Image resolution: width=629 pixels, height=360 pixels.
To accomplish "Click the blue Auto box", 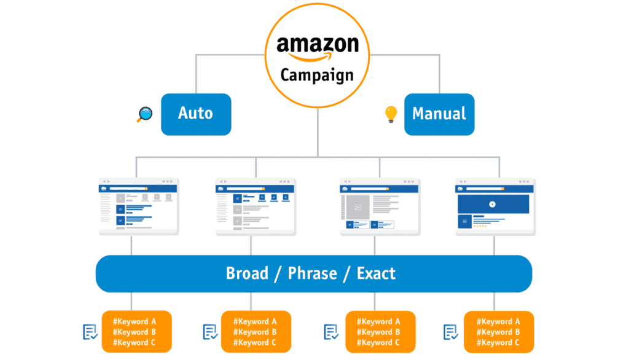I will point(196,114).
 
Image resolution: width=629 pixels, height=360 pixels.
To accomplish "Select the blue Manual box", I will point(439,114).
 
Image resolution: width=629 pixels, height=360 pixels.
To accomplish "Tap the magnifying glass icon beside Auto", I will point(144,114).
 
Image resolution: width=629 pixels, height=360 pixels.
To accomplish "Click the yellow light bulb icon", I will point(391,114).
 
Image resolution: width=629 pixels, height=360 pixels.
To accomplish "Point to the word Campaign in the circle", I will point(317,75).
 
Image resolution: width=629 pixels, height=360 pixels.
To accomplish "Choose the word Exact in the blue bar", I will point(377,273).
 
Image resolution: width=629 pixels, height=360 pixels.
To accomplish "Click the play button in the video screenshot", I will point(493,204).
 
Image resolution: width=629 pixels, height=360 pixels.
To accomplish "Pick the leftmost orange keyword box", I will point(136,332).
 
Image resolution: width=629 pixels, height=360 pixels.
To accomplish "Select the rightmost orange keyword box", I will point(499,332).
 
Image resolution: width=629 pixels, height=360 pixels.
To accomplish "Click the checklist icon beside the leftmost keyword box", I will point(90,332).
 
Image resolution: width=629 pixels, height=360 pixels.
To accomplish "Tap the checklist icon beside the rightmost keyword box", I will point(451,332).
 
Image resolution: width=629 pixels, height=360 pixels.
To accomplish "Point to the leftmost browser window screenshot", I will point(139,206).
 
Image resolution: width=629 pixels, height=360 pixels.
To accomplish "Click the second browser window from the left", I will point(256,206).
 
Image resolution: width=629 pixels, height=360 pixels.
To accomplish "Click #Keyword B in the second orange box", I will point(256,332).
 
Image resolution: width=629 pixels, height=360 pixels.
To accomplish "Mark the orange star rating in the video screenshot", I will point(480,226).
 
